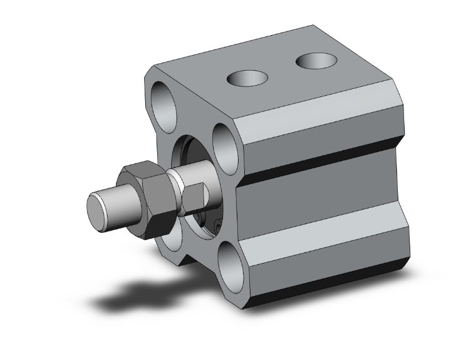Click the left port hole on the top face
point(247,78)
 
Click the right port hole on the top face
point(316,61)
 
